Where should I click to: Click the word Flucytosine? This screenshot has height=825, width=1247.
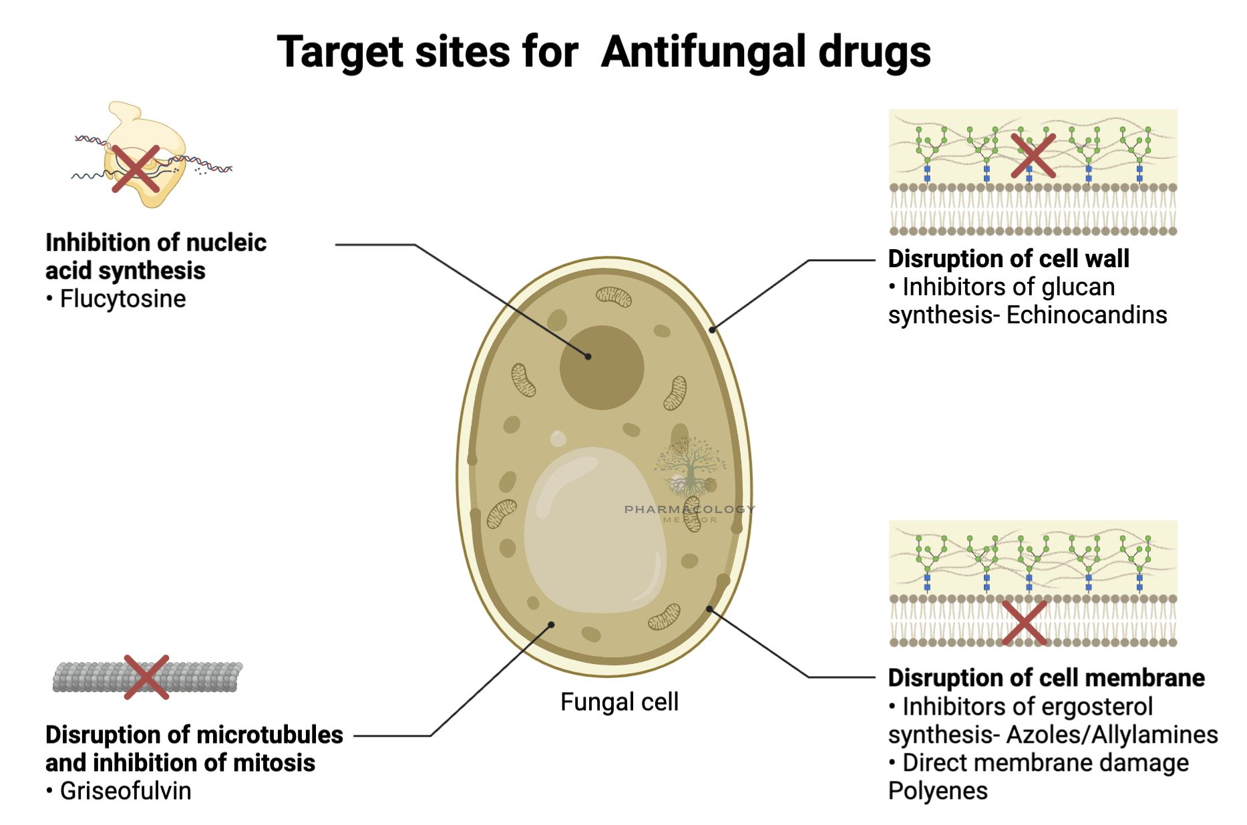pos(123,299)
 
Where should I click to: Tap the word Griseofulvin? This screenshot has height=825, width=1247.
pos(126,791)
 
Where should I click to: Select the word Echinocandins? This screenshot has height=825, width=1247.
pos(1087,315)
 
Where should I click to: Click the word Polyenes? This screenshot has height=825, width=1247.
pos(938,791)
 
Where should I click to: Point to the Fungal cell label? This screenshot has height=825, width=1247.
pos(619,702)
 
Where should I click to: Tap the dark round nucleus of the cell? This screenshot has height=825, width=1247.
pos(602,367)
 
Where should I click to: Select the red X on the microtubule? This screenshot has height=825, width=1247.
pos(147,677)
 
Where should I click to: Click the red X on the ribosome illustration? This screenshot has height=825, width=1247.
pos(136,168)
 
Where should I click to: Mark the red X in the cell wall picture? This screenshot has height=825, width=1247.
pos(1033,156)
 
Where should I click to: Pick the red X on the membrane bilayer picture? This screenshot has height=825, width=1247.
pos(1024,623)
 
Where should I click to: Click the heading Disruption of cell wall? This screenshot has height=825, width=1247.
pos(1009,259)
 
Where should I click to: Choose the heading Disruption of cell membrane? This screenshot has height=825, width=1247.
pos(1046,677)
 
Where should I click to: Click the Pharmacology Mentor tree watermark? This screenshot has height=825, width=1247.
pos(690,468)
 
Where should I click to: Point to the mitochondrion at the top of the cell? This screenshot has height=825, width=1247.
pos(614,296)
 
